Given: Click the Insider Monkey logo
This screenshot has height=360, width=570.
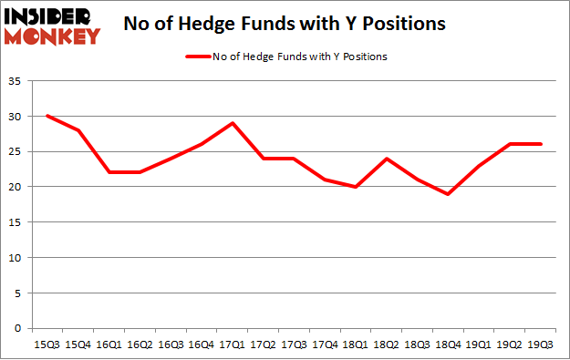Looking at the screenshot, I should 51,26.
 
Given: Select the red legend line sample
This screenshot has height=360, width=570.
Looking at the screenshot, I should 199,57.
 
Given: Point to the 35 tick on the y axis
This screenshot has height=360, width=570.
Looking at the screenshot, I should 19,82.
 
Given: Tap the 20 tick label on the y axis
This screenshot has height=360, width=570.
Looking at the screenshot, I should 19,187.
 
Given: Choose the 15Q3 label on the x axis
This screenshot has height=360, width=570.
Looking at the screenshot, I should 46,344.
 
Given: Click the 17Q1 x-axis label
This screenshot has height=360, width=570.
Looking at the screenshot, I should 233,344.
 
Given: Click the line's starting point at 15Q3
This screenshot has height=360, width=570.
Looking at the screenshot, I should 47,116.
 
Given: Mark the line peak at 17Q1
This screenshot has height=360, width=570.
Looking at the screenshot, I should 233,123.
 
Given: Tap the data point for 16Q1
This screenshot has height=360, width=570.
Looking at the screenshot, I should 109,172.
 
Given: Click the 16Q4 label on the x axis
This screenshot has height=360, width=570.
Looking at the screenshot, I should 202,344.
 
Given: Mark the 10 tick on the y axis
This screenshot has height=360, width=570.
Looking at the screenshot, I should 19,257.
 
